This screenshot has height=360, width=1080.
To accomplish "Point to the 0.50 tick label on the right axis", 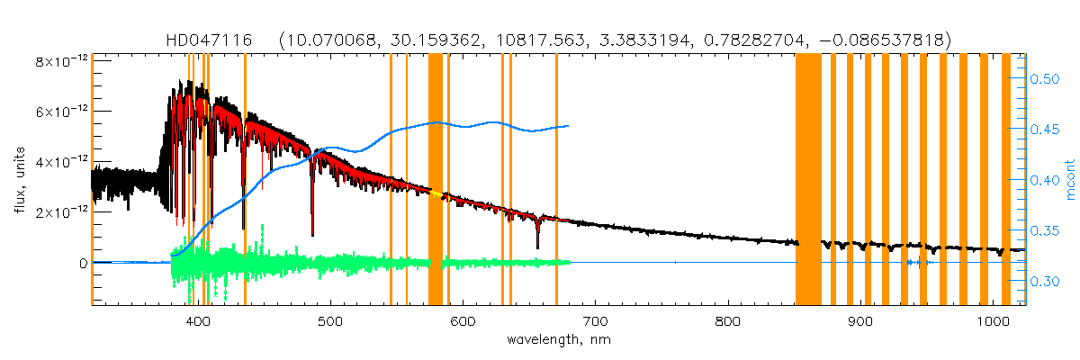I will [1044, 79].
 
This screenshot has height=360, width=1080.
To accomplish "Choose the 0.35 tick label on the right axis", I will [1044, 231].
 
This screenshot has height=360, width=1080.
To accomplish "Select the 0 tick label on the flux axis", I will [82, 264].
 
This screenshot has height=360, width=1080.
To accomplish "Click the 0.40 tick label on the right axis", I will [1044, 181].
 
